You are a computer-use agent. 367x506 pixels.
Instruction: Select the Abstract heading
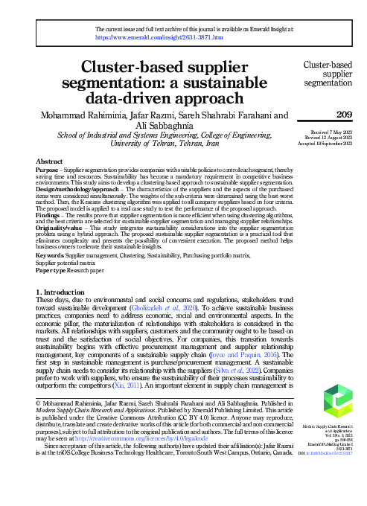[50, 161]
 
